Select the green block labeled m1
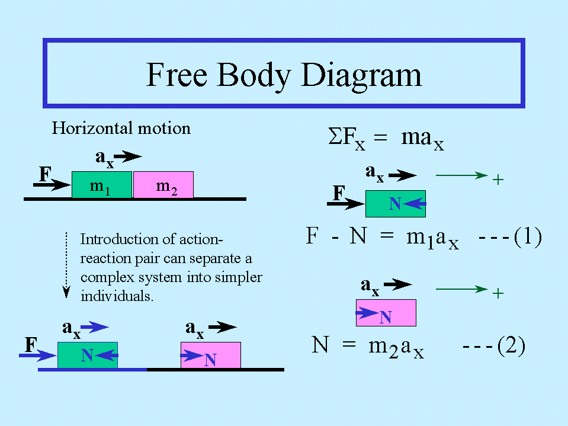(102, 185)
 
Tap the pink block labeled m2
(163, 185)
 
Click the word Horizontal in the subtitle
(92, 128)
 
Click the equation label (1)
(528, 236)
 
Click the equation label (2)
(511, 346)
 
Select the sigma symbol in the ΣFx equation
(335, 136)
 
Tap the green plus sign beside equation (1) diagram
(498, 180)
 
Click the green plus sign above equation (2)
(498, 293)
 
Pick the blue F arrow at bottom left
(38, 355)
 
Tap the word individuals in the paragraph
(117, 296)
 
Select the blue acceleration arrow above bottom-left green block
(95, 327)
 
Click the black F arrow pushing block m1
(52, 185)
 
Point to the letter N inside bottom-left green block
(87, 355)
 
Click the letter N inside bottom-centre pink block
(210, 360)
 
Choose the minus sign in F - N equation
(335, 238)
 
